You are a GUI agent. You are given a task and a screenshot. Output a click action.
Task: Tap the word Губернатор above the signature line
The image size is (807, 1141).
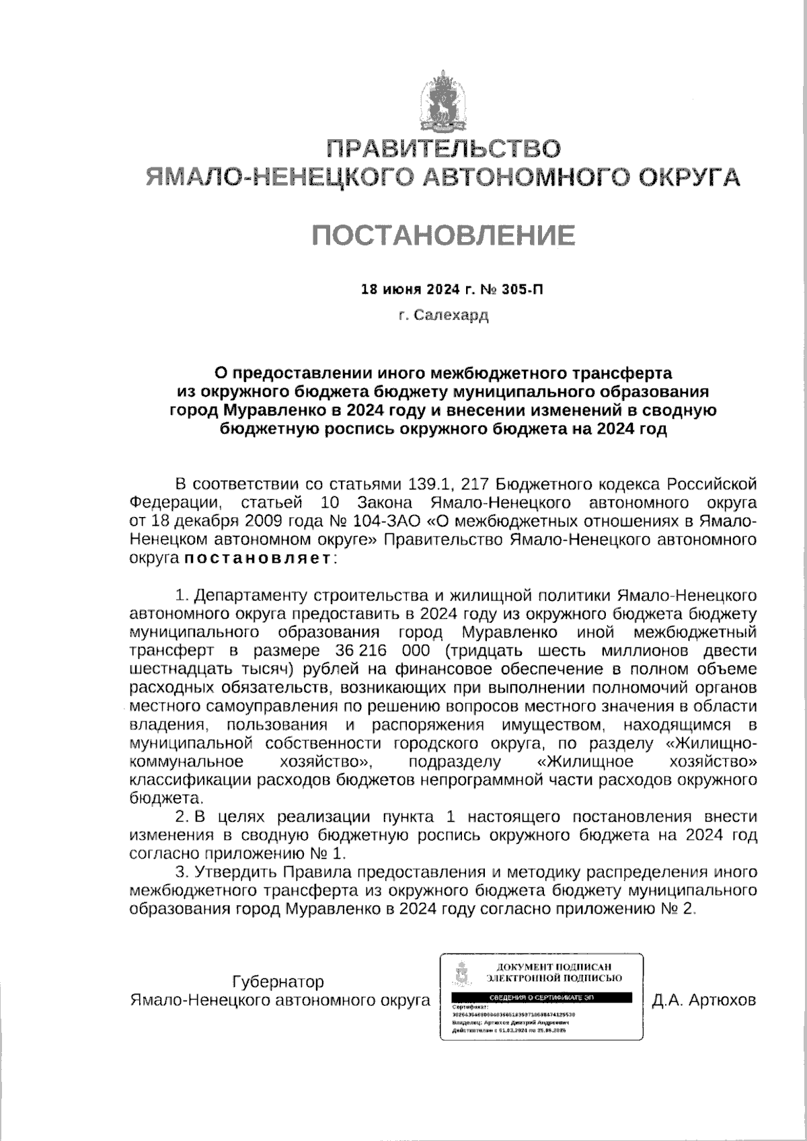(278, 982)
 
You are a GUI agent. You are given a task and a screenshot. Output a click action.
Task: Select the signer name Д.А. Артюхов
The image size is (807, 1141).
(704, 1000)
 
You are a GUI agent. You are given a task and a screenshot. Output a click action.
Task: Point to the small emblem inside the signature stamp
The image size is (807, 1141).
(462, 973)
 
